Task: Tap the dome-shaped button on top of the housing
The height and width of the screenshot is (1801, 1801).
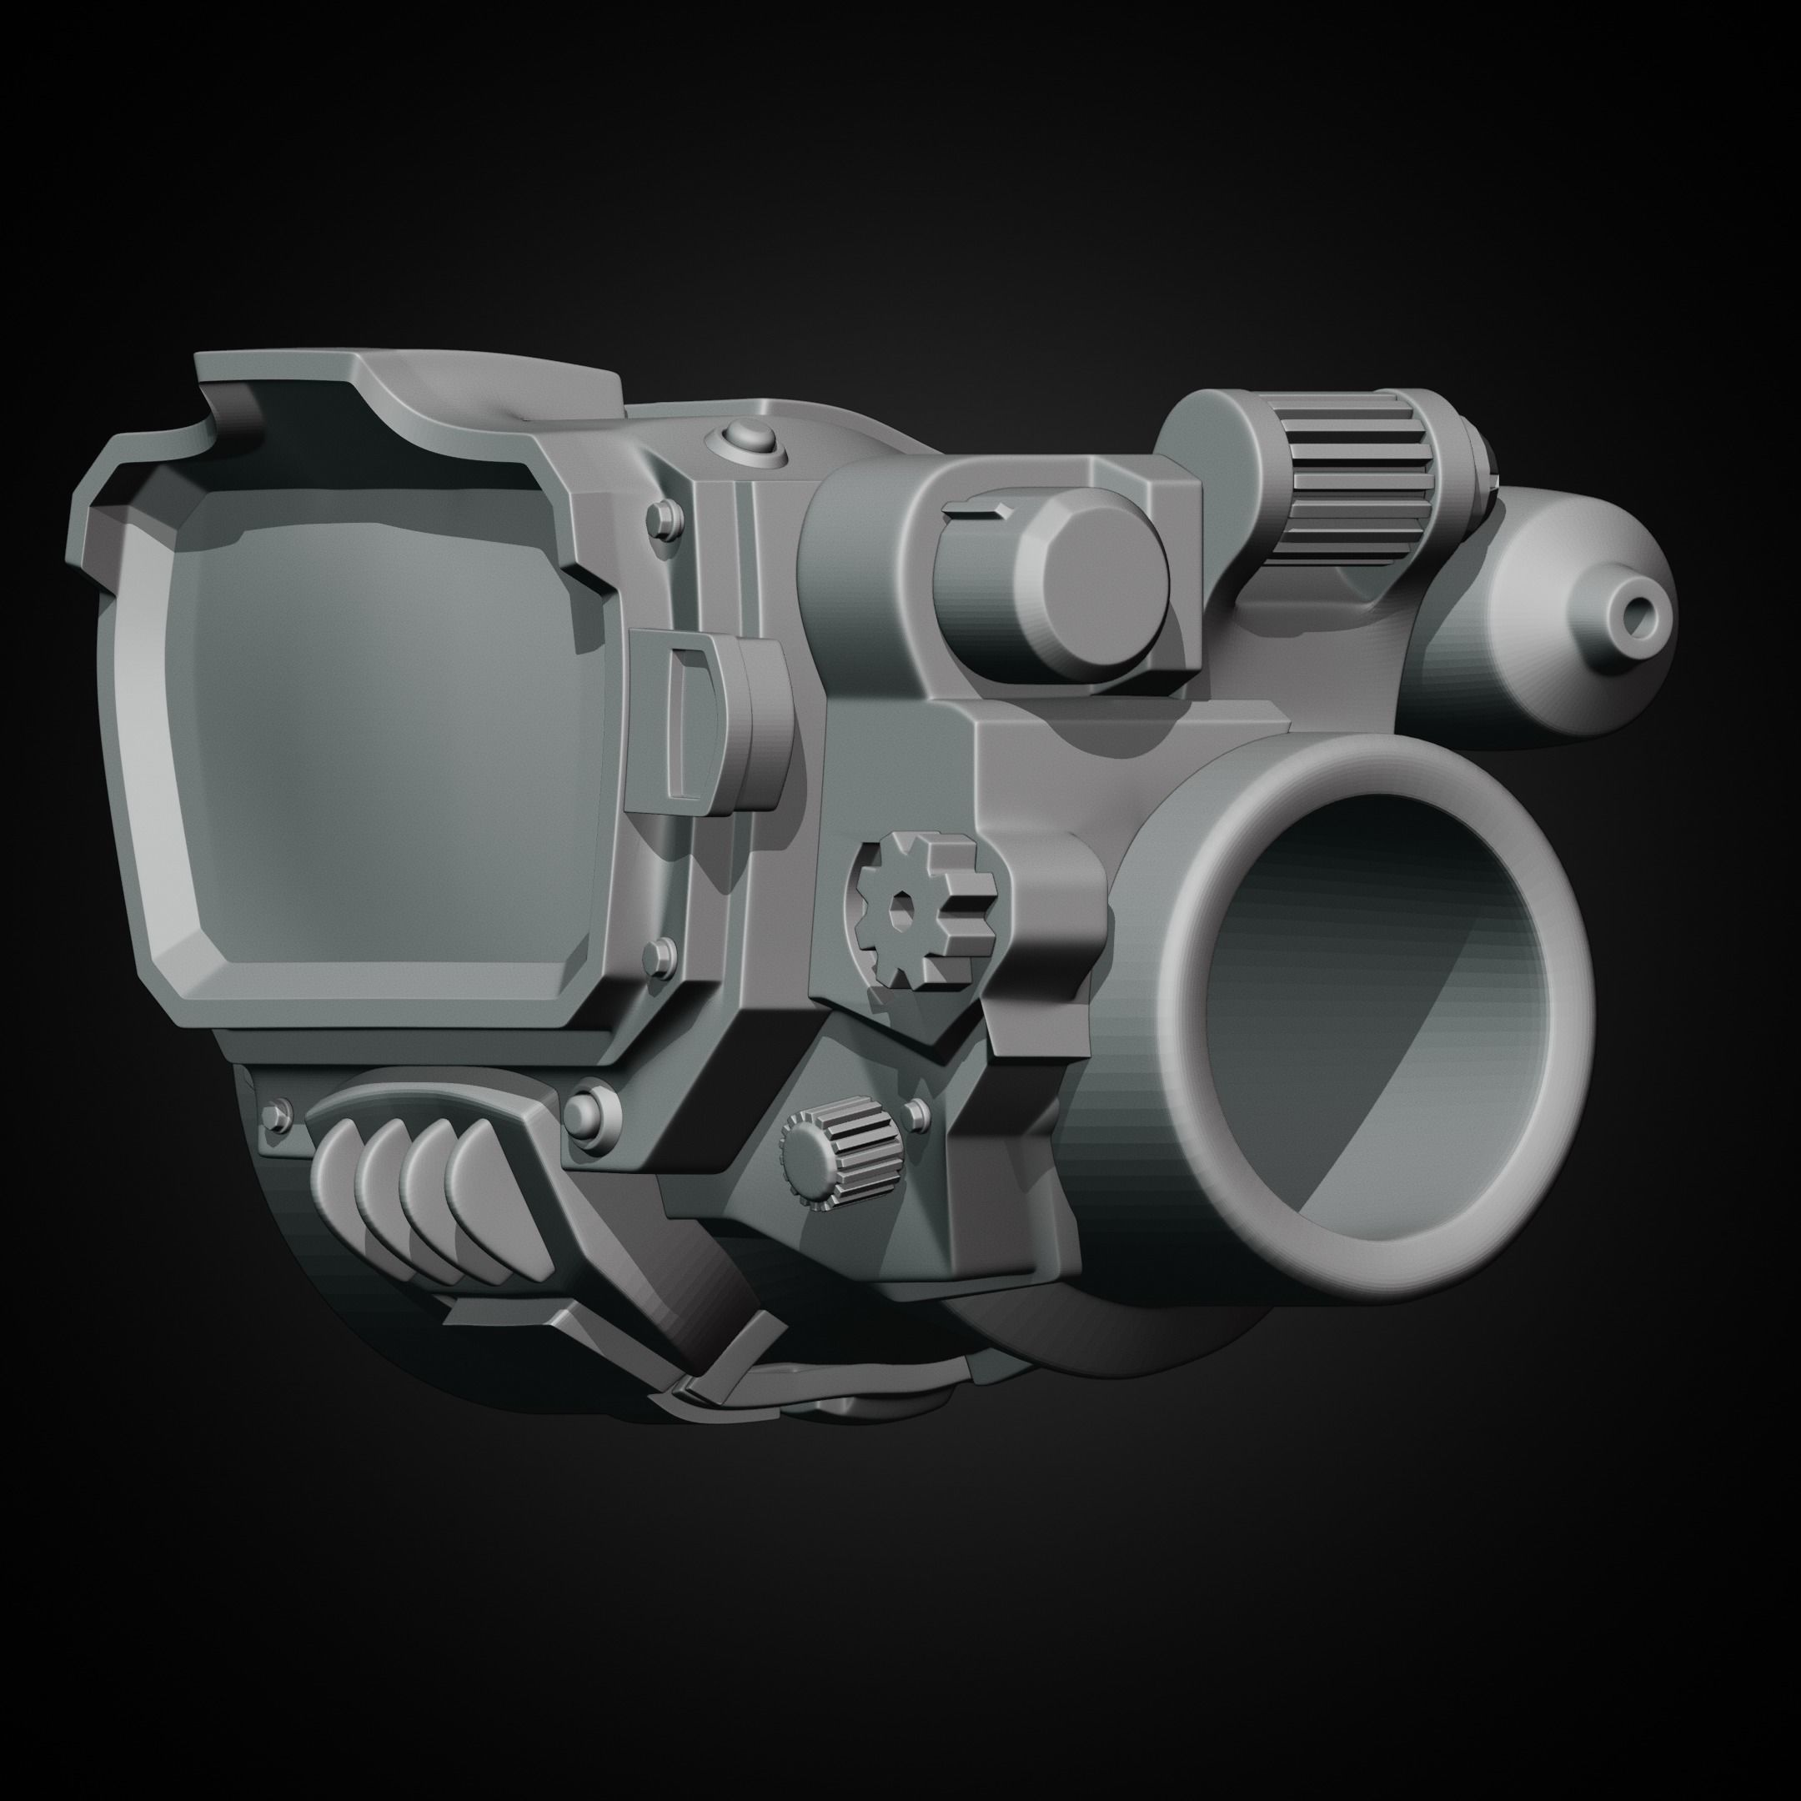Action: click(x=748, y=436)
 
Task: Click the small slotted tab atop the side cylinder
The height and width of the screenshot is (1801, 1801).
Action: click(x=977, y=508)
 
